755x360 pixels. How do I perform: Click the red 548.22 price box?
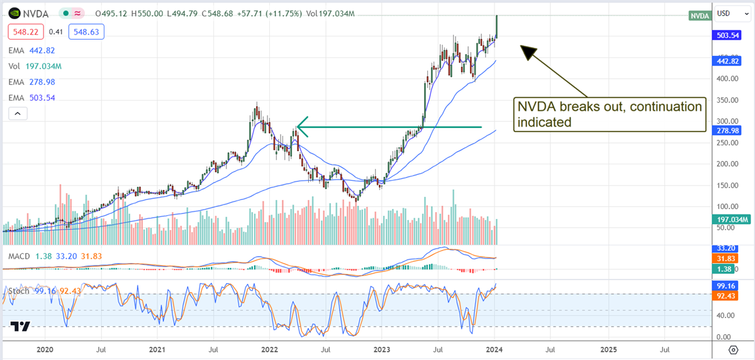pyautogui.click(x=25, y=31)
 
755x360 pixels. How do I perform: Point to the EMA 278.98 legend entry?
pyautogui.click(x=30, y=82)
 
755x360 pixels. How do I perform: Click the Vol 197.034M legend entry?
pyautogui.click(x=34, y=66)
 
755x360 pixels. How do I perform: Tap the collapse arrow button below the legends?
pyautogui.click(x=18, y=113)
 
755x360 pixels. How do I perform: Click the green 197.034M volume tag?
pyautogui.click(x=730, y=220)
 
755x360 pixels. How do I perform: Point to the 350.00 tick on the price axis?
pyautogui.click(x=727, y=99)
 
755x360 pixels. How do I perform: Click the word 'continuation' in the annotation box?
pyautogui.click(x=668, y=107)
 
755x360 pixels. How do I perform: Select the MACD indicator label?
pyautogui.click(x=21, y=256)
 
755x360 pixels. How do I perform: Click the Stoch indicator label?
pyautogui.click(x=19, y=291)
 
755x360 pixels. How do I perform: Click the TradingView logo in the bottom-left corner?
pyautogui.click(x=20, y=326)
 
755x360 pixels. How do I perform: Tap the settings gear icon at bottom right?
pyautogui.click(x=733, y=349)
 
